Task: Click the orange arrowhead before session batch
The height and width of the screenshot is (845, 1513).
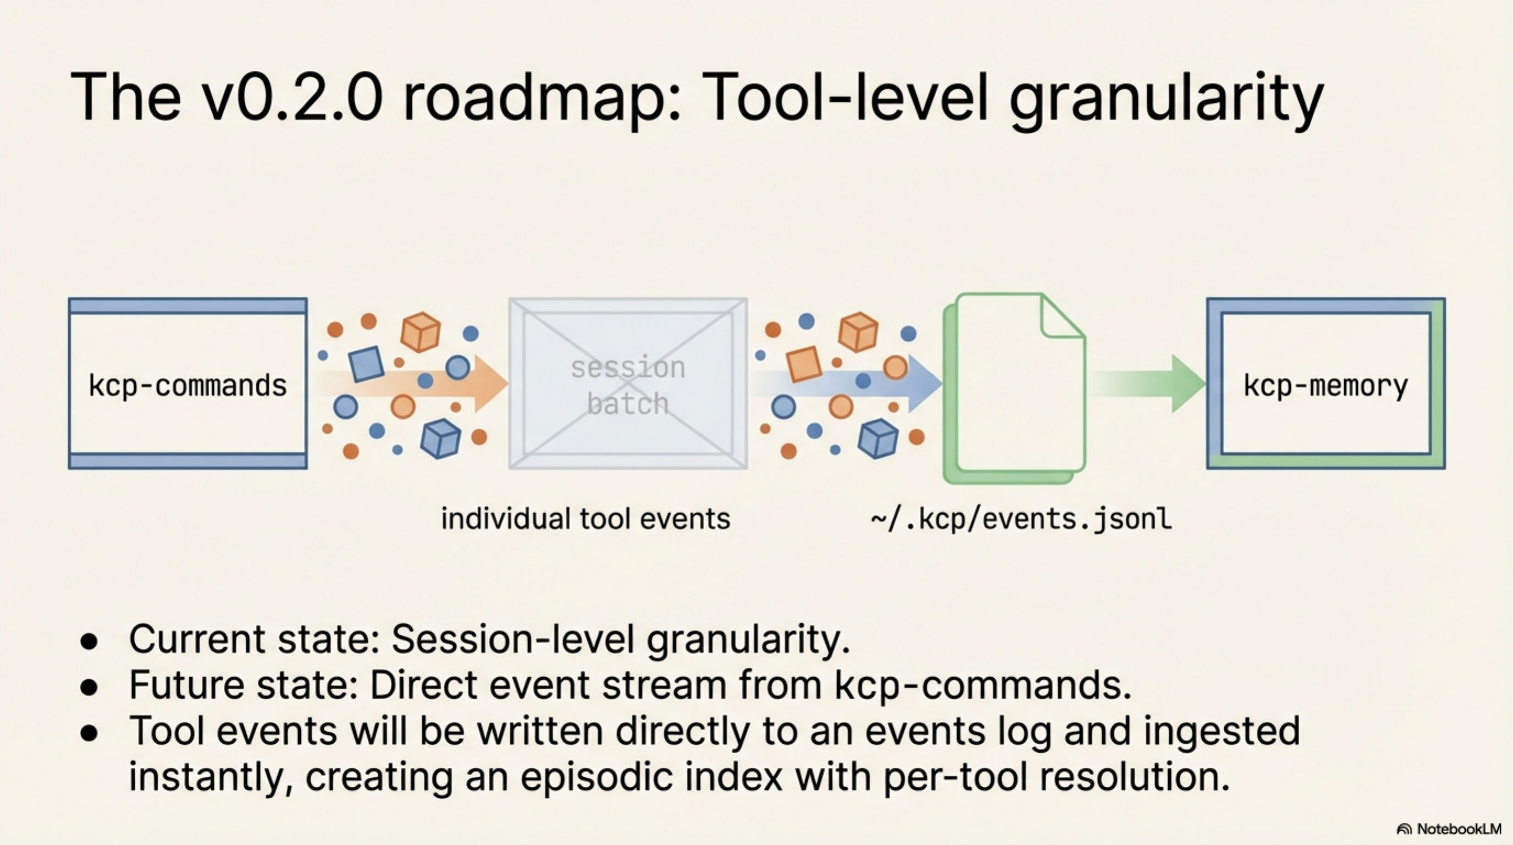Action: pos(490,383)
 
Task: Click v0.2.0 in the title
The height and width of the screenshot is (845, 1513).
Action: pos(292,97)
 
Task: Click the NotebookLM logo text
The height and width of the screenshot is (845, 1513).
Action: pos(1459,829)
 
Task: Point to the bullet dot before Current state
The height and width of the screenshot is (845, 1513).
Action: pos(89,641)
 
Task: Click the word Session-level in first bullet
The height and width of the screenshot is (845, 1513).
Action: pos(513,639)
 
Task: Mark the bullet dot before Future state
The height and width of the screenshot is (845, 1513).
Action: pos(89,688)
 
